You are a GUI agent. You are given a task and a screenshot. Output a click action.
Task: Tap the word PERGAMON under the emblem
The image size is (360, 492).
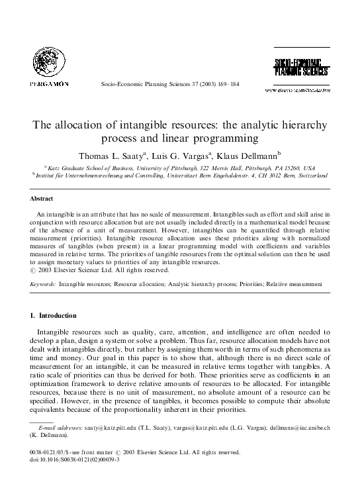point(49,85)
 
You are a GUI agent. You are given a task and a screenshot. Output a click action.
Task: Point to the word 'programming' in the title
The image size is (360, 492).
point(226,139)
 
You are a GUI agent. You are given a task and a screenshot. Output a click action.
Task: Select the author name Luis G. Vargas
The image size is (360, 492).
point(192,156)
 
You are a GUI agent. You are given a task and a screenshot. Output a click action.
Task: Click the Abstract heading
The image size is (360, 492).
point(41,198)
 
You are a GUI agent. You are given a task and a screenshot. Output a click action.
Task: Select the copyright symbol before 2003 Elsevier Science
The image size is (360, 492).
point(33,270)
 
